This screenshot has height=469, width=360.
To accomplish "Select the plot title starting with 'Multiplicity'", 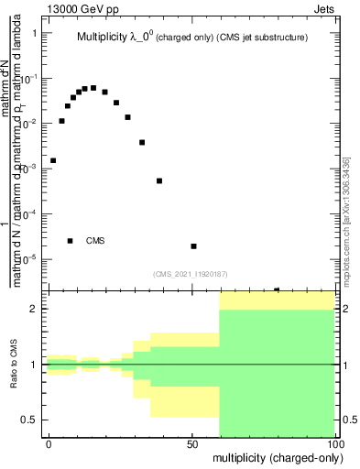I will [191, 38].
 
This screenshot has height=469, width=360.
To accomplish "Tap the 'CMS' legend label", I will [95, 241].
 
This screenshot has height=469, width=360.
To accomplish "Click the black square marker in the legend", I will [71, 241].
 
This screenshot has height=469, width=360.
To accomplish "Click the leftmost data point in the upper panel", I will [53, 160].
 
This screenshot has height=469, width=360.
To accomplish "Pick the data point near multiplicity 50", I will [193, 246].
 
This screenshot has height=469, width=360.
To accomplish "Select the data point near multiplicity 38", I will [159, 180].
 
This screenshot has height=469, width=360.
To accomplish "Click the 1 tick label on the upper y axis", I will [35, 33].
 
